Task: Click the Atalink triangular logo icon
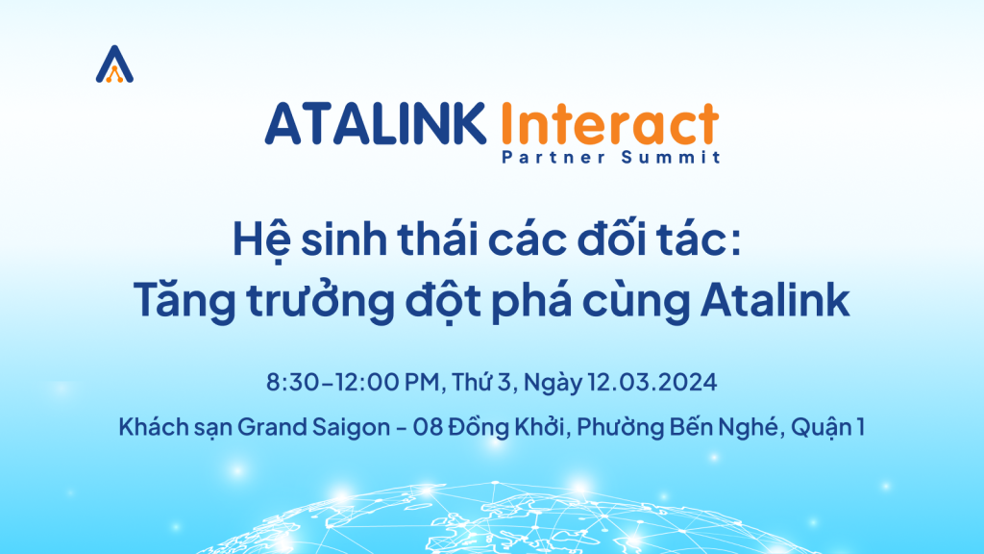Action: (x=114, y=64)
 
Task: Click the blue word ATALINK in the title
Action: (x=376, y=124)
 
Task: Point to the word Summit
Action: (x=671, y=157)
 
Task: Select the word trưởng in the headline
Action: (x=320, y=301)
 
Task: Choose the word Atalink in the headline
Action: (x=775, y=300)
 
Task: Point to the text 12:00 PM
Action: (x=387, y=382)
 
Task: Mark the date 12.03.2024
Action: (x=652, y=382)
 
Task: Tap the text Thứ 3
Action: (x=481, y=382)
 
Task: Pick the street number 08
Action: (x=428, y=427)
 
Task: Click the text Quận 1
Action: (x=827, y=427)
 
